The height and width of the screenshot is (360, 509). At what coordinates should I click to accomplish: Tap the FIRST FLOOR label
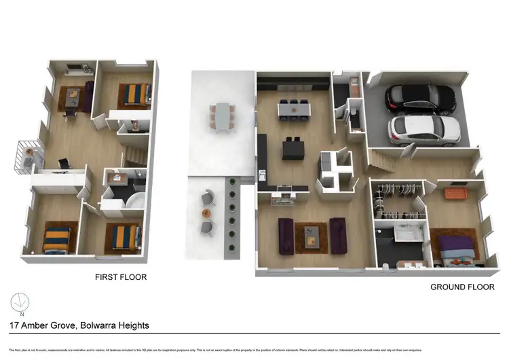121,277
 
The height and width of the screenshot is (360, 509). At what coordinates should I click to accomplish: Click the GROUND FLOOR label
461,287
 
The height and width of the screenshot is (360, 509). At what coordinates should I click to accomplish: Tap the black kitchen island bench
293,149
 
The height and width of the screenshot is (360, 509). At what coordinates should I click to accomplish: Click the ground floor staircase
383,159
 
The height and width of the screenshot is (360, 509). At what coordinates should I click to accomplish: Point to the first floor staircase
134,154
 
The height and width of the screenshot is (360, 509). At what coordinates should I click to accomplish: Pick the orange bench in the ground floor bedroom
455,195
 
